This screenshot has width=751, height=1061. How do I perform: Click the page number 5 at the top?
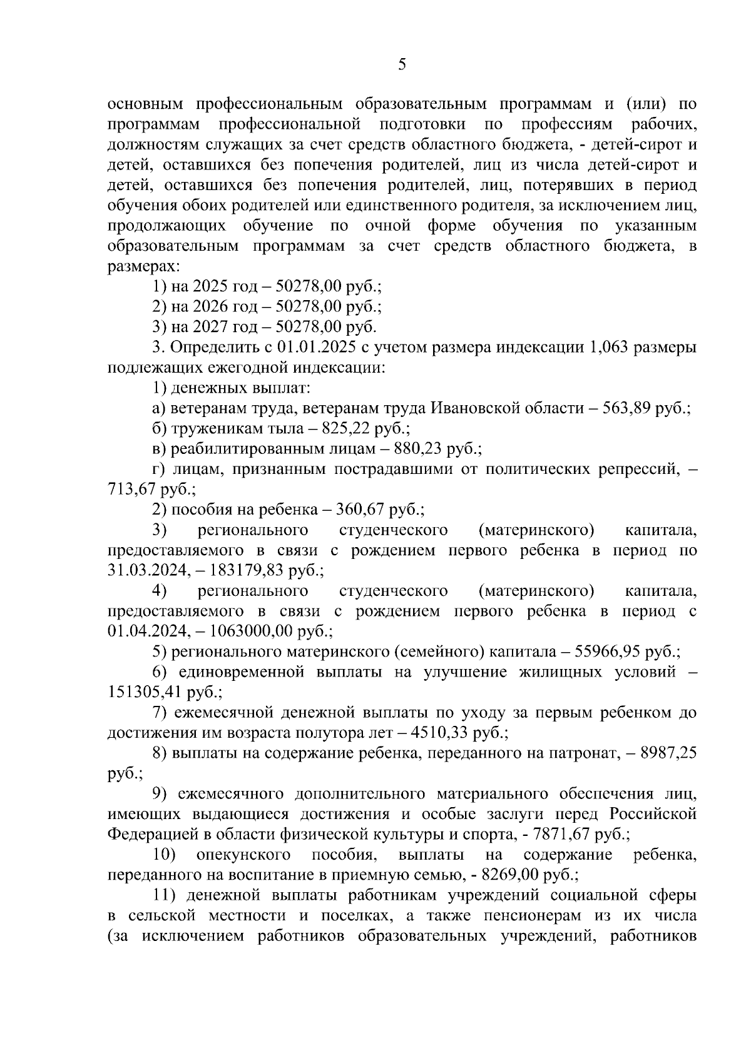coord(401,64)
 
